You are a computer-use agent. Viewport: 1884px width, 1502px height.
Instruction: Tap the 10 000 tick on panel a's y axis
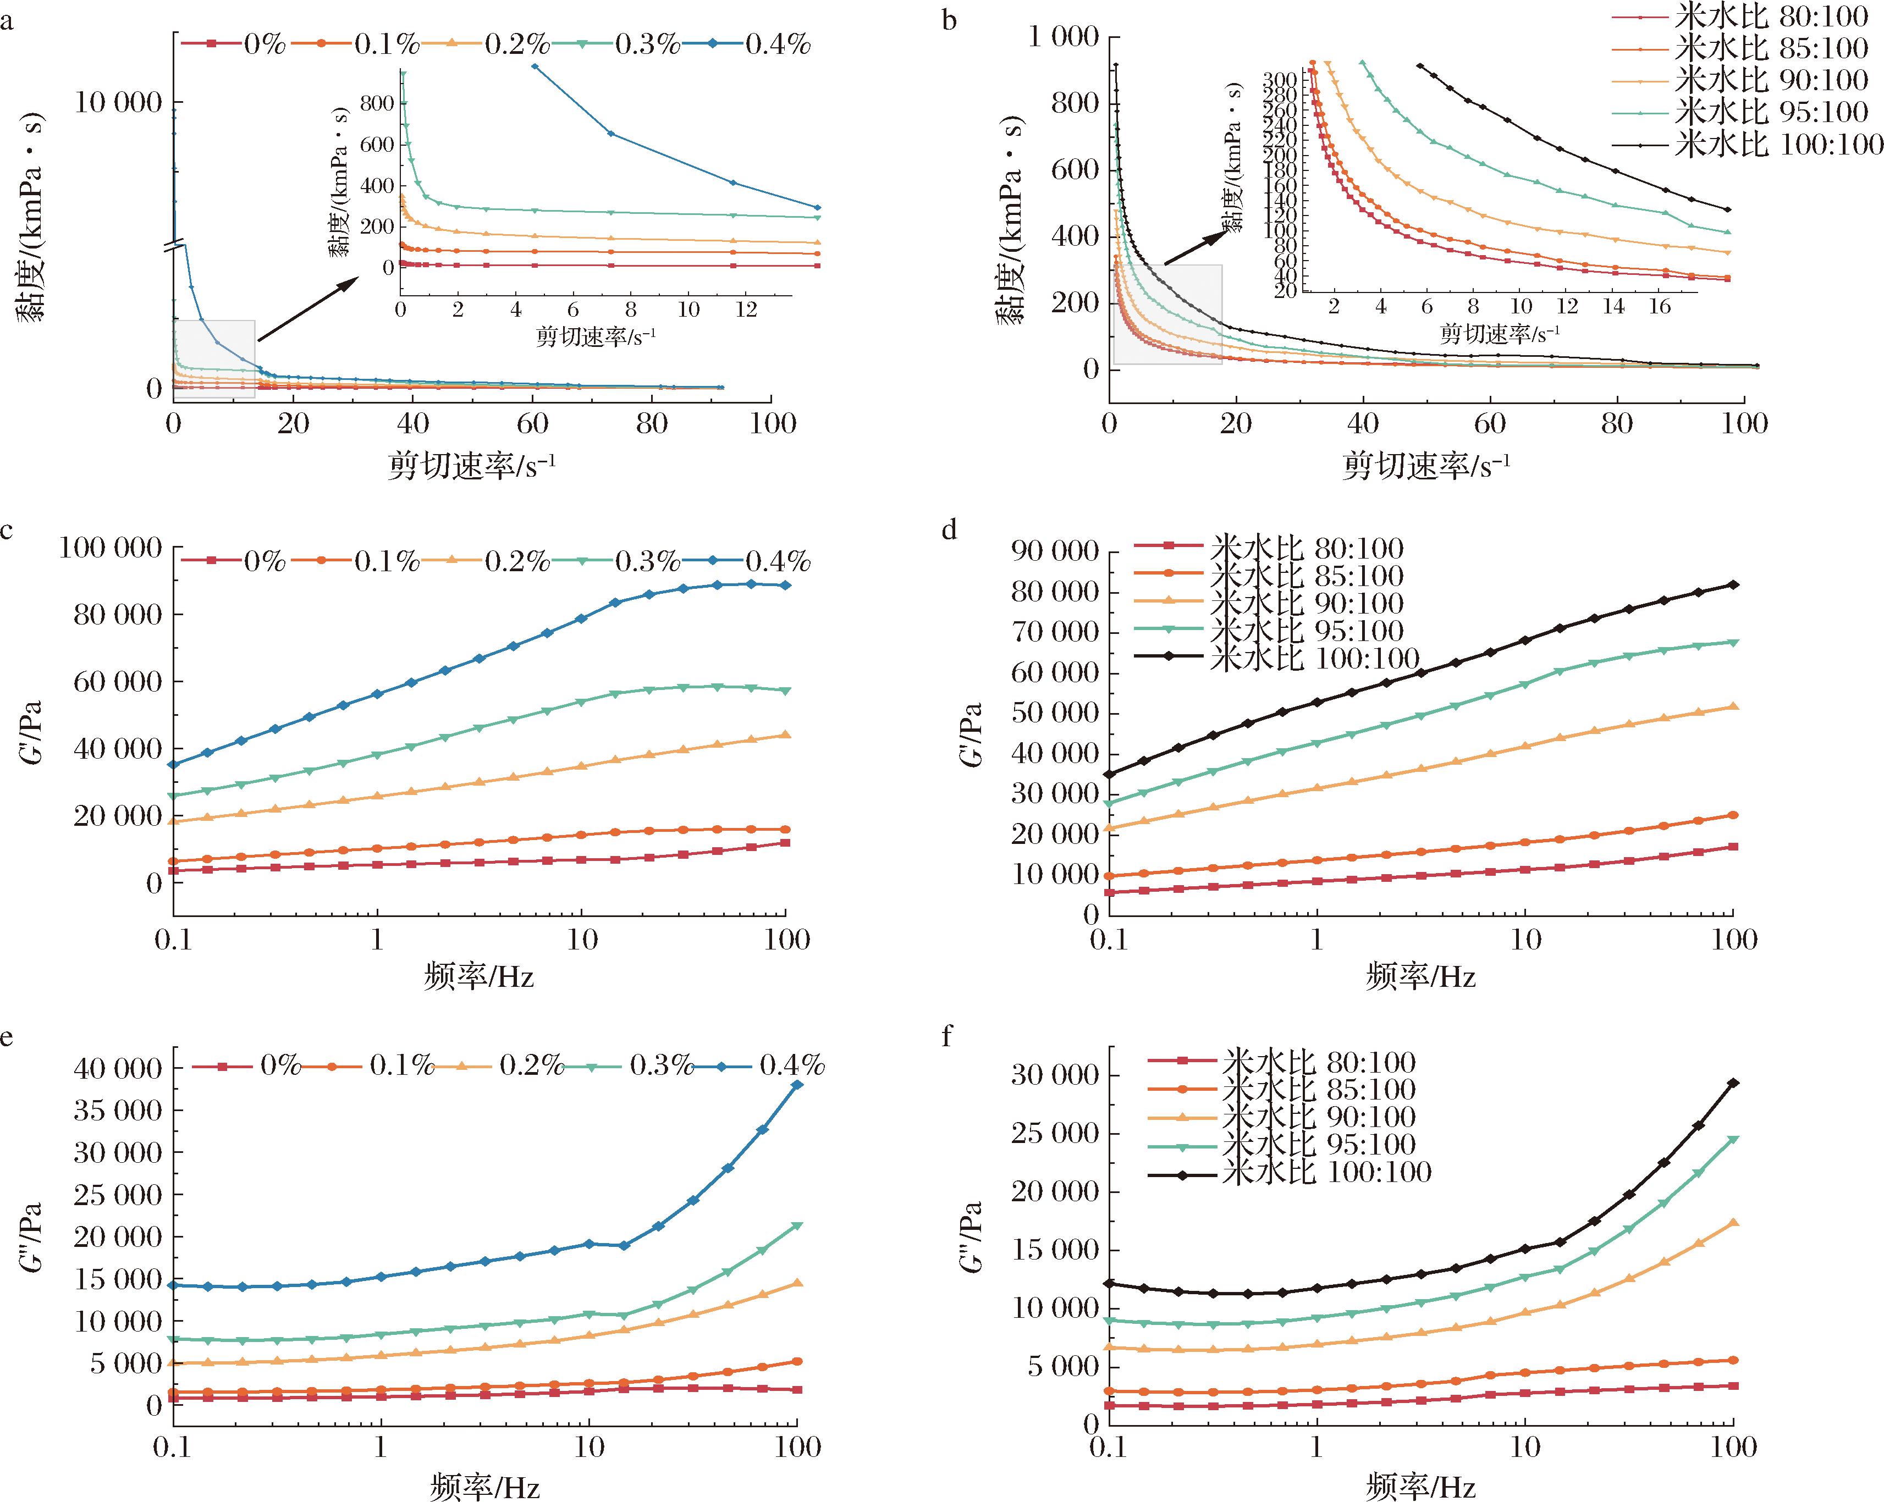pos(119,103)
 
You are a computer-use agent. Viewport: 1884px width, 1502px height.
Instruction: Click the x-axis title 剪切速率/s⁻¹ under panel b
pos(1425,466)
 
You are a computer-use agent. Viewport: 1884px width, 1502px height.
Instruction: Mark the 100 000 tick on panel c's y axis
pos(111,548)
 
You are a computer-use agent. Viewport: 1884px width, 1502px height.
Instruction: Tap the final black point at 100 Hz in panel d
pos(1734,584)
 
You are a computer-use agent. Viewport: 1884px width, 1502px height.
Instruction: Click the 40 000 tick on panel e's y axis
pos(119,1069)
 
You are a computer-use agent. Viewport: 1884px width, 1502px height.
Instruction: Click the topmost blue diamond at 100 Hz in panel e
pos(797,1085)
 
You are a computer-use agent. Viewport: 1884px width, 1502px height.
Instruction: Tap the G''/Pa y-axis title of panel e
pos(32,1237)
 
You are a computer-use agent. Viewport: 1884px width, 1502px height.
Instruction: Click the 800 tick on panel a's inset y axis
pos(377,103)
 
